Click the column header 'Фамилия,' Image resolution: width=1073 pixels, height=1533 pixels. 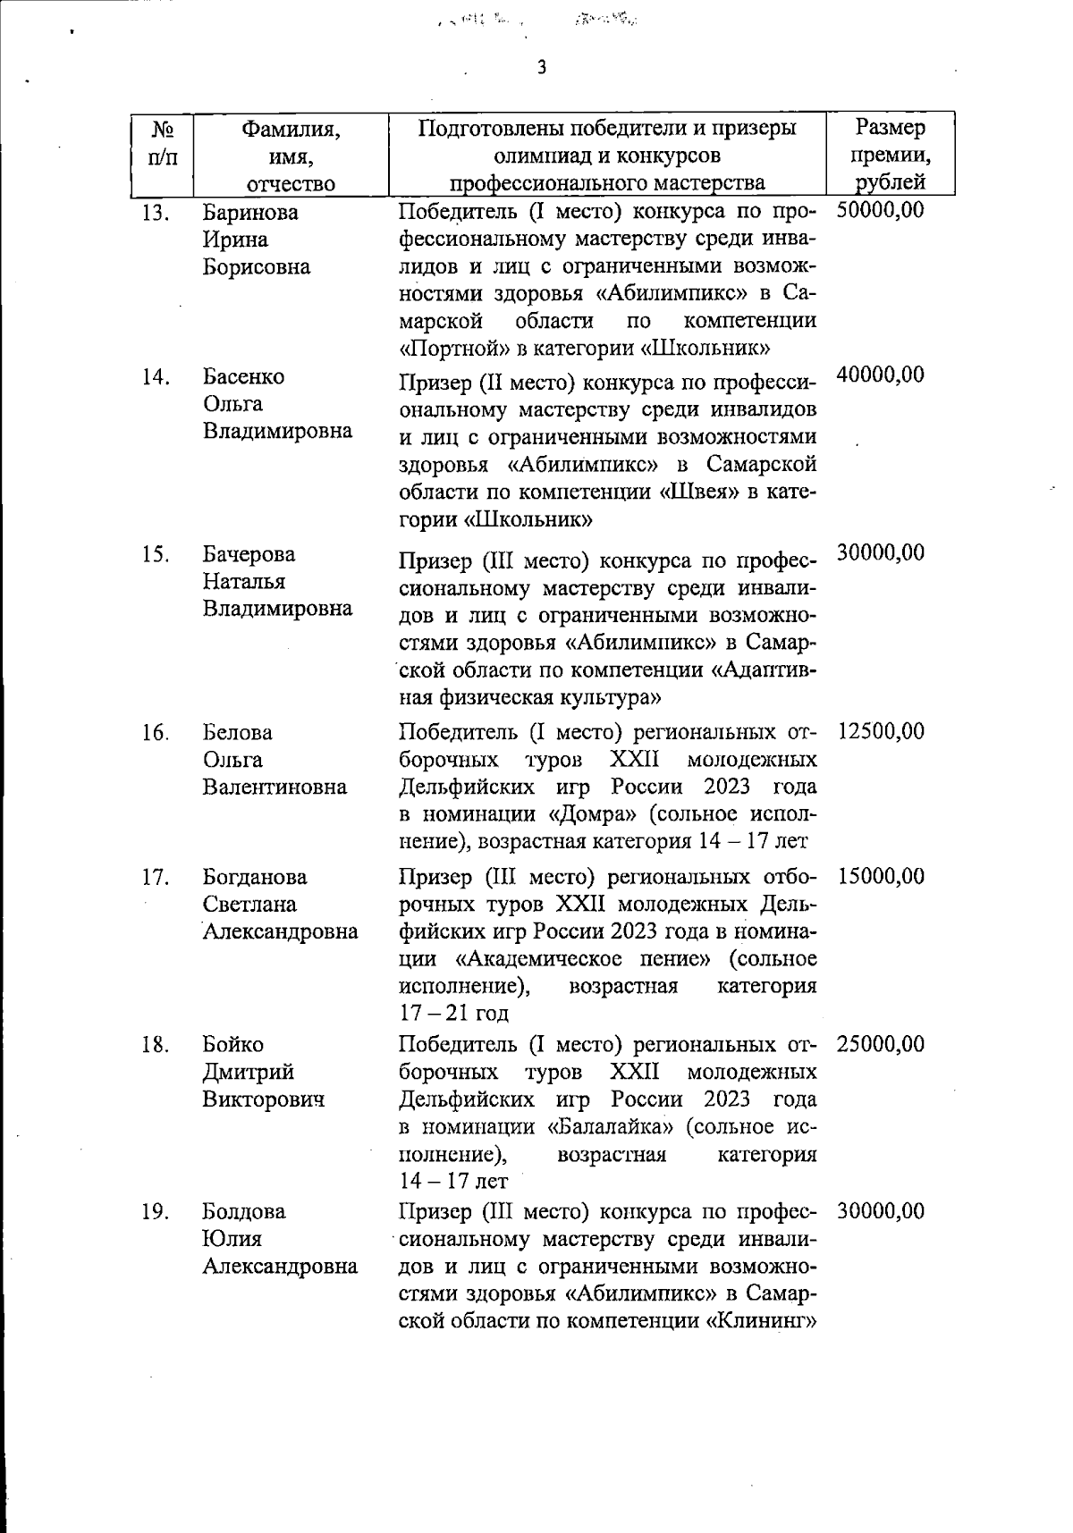coord(291,129)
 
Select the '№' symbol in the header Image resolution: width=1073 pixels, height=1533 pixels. coord(162,129)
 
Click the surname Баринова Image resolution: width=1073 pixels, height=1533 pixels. coord(250,213)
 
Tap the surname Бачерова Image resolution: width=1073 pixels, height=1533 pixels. coord(249,554)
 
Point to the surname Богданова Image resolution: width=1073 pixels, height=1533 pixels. coord(254,878)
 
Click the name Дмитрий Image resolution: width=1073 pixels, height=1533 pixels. coord(248,1072)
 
